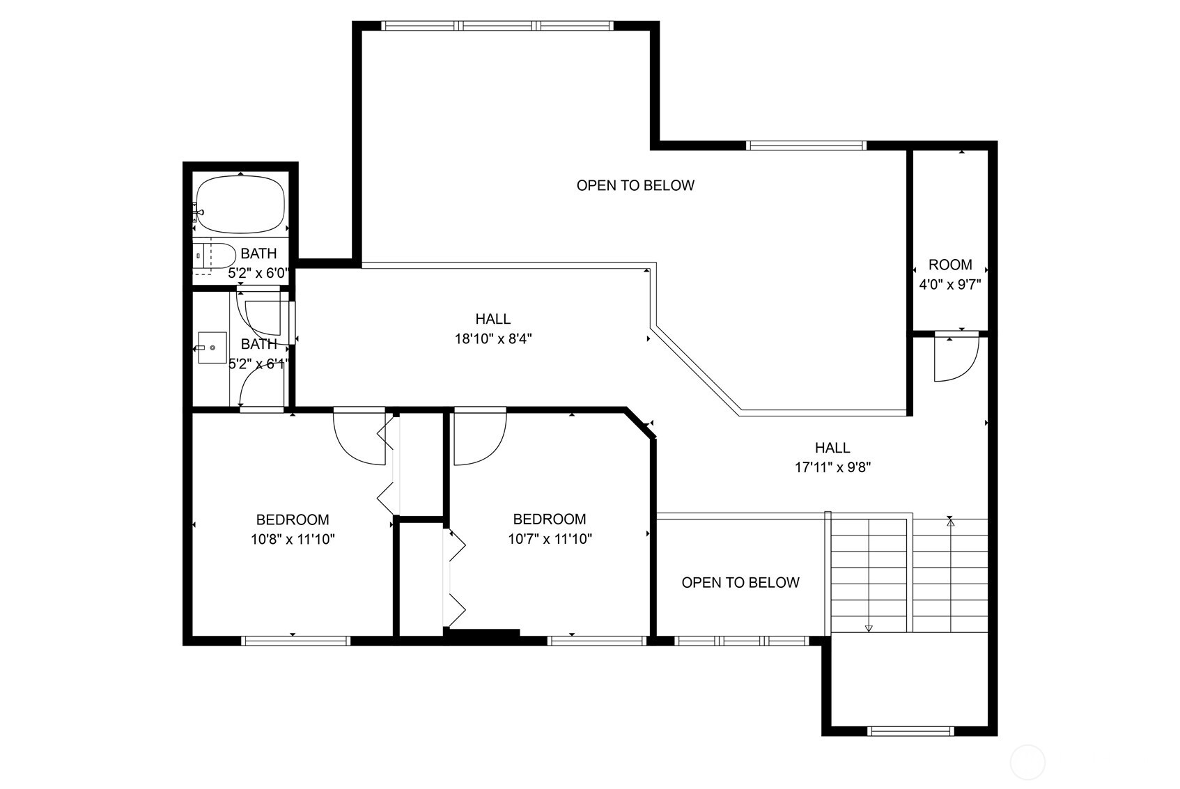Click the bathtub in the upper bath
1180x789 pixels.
coord(240,205)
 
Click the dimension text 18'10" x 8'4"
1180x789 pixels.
coord(493,339)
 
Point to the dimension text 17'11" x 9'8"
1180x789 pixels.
coord(833,467)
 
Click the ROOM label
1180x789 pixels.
coord(950,265)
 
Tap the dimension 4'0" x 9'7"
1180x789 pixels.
coord(950,284)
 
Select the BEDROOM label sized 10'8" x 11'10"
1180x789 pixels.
coord(293,520)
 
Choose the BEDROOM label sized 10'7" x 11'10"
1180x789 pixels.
coord(550,519)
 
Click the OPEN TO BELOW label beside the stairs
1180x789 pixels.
coord(740,582)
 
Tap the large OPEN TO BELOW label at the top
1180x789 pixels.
coord(635,185)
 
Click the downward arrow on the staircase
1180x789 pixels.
coord(869,627)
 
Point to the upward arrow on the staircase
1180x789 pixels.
coord(951,520)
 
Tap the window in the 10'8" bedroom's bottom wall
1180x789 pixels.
coord(295,641)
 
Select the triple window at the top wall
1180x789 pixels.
coord(497,26)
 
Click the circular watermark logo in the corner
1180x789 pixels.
coord(1027,760)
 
